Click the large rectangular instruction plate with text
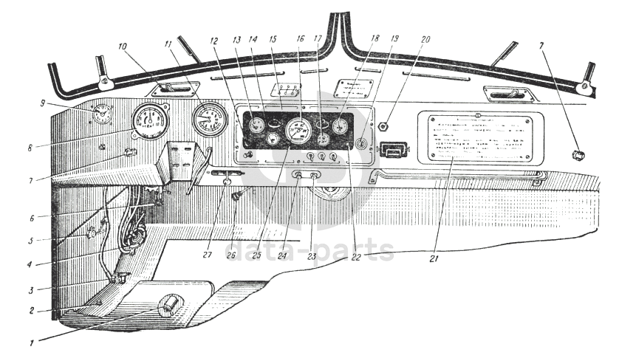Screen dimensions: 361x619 475,138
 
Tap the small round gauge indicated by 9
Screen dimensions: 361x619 103,114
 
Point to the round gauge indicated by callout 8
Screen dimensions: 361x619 150,121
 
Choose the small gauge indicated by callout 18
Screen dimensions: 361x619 340,126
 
